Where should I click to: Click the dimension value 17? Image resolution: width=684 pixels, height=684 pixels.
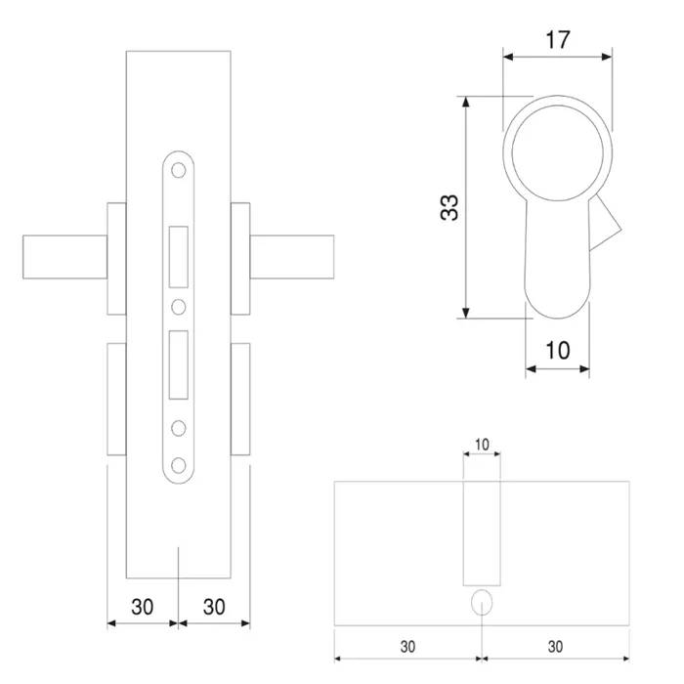(x=557, y=40)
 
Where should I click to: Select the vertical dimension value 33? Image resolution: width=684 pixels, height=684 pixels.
(x=449, y=207)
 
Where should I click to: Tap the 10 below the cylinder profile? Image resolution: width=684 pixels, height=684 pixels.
(x=558, y=350)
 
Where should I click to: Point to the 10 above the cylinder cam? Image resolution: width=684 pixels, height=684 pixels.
(x=481, y=445)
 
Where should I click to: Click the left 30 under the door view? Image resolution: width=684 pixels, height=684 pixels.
(x=142, y=606)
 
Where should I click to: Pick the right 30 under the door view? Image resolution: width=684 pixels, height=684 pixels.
(x=214, y=606)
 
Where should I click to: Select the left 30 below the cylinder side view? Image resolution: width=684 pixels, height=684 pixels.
(x=407, y=646)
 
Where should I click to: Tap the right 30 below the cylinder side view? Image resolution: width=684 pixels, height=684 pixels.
(x=555, y=646)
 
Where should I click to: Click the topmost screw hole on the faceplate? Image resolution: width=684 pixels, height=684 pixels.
(x=179, y=170)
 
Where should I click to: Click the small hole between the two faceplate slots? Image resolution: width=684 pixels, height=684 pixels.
(x=179, y=307)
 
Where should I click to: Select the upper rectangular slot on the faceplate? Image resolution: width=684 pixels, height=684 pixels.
(x=179, y=257)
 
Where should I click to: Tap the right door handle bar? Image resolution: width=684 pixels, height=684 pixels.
(x=293, y=257)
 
